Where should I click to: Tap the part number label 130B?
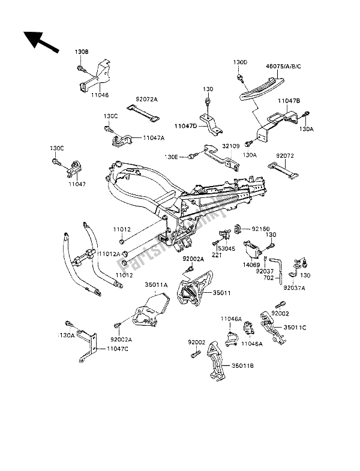point(82,52)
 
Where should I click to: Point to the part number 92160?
point(260,229)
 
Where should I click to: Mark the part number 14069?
point(250,263)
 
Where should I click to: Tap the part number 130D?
point(240,62)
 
